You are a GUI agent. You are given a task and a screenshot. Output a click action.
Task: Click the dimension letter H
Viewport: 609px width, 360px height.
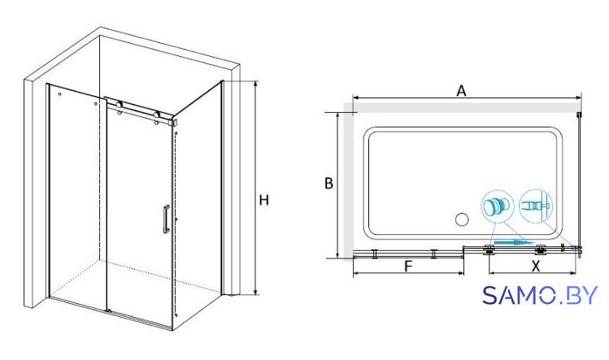point(263,201)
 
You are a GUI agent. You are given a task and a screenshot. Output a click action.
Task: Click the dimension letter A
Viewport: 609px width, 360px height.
point(461,91)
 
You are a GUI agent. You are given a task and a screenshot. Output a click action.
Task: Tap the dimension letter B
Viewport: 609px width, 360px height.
point(328,184)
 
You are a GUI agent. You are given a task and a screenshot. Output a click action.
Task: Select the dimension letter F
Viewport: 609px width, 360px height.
point(408,267)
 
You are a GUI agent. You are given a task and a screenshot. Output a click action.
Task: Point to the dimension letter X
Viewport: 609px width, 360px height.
point(536,267)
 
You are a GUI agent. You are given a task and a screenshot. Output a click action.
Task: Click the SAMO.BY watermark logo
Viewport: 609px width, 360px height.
point(540,296)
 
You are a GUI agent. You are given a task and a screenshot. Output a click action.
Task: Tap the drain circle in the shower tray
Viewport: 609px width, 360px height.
point(462,219)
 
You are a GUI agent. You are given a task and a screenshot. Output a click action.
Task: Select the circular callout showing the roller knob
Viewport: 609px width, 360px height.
point(498,206)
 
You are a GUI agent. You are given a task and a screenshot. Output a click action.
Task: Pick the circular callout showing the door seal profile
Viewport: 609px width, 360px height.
point(536,206)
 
